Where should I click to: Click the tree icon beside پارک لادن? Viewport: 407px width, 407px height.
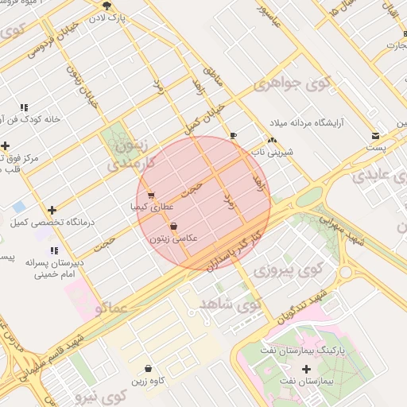click(x=107, y=6)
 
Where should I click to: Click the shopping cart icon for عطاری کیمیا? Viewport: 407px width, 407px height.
click(x=151, y=196)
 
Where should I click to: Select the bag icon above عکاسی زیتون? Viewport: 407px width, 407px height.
click(x=173, y=227)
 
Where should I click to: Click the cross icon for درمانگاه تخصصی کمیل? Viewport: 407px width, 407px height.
click(x=52, y=211)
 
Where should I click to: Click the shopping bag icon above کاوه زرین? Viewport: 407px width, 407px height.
click(x=149, y=369)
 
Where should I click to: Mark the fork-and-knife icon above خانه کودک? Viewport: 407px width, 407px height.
click(x=24, y=107)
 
